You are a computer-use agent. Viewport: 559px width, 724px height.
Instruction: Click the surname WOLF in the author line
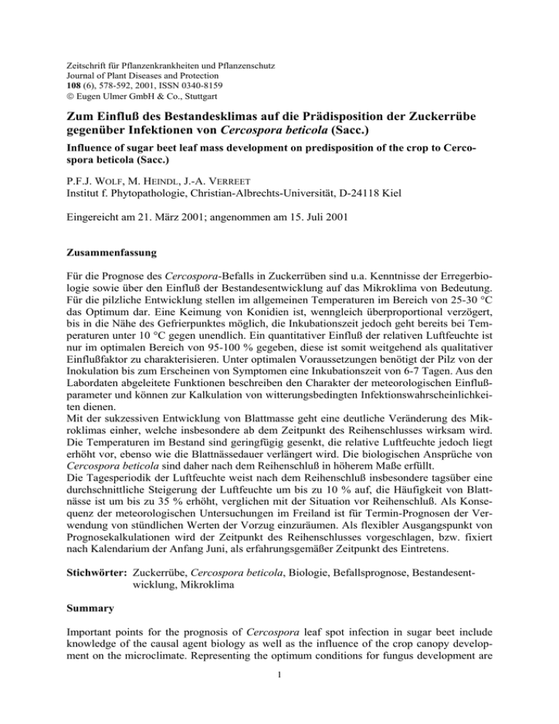click(x=106, y=191)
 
